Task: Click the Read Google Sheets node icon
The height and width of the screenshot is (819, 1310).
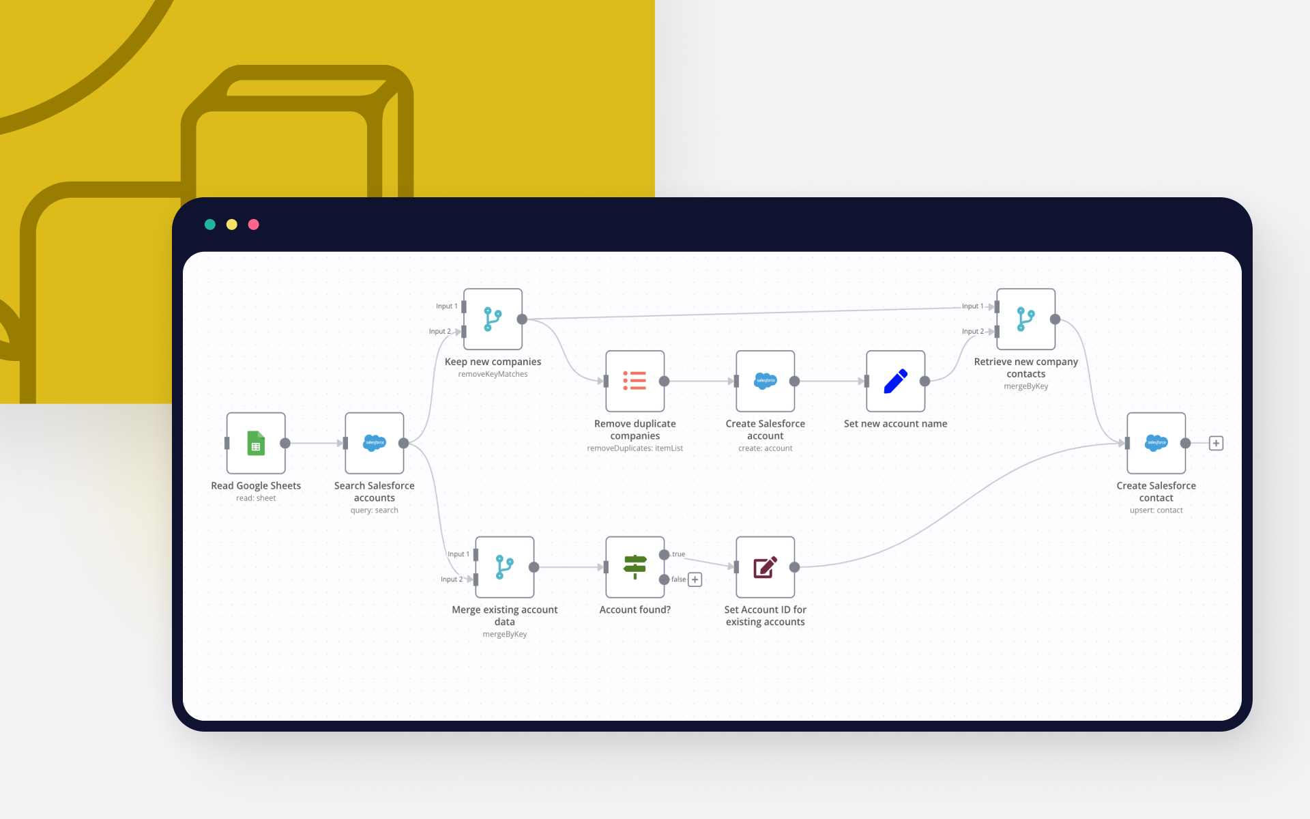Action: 256,443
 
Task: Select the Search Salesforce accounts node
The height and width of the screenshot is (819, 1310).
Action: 375,443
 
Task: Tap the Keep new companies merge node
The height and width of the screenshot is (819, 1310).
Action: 493,319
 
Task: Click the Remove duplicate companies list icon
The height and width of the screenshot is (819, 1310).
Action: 635,381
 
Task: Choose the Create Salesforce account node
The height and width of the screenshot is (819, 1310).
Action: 765,381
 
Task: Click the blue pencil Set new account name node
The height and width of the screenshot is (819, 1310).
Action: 895,381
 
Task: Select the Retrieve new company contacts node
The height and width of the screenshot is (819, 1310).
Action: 1025,319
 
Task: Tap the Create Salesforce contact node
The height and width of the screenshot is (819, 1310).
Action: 1156,443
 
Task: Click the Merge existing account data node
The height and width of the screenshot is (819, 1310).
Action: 504,567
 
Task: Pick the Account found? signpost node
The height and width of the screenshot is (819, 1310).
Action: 635,567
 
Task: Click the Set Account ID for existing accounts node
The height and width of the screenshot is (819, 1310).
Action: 765,567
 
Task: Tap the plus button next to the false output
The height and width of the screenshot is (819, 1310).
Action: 695,579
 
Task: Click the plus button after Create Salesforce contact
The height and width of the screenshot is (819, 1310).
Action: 1216,443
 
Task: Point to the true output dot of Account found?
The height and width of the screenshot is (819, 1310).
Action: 664,555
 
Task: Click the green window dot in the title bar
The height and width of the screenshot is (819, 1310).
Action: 210,225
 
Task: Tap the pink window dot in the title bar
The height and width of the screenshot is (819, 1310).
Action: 254,225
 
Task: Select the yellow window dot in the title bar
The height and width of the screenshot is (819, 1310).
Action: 232,225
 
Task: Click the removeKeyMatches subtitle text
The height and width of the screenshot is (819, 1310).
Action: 493,374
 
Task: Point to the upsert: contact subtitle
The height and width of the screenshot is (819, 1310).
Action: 1156,510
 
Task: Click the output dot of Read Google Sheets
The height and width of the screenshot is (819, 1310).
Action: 285,443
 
